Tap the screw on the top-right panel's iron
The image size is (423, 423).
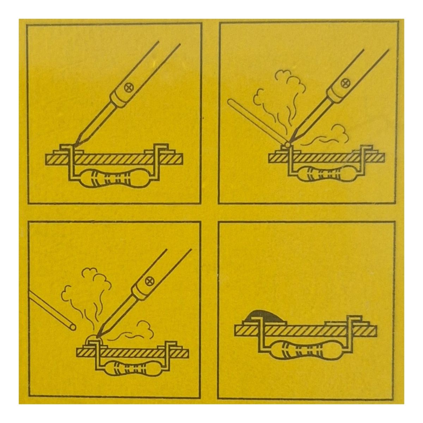coord(344,82)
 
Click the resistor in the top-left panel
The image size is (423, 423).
coord(114,178)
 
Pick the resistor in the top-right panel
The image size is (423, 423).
coord(325,173)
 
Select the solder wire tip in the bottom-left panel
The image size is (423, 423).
coord(72,326)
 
